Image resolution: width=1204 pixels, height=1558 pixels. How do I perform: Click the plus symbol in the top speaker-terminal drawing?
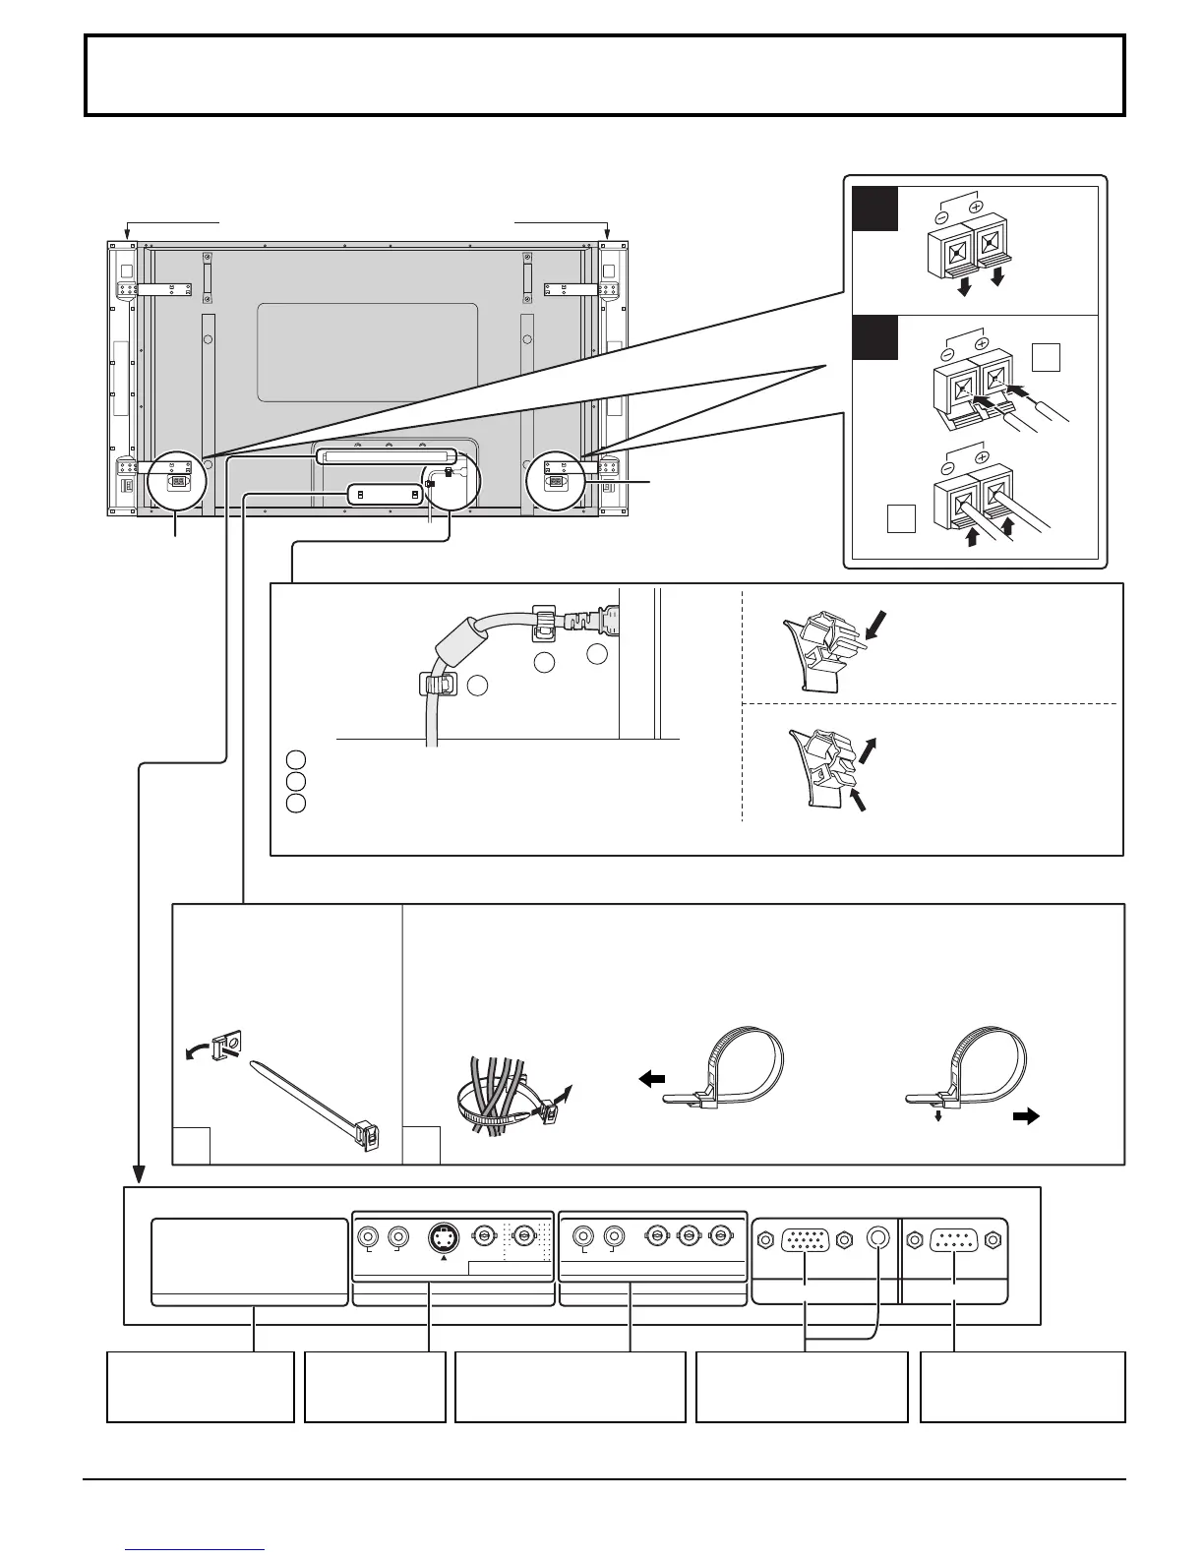(x=977, y=208)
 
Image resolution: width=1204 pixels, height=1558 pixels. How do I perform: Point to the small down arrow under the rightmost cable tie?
(x=937, y=1116)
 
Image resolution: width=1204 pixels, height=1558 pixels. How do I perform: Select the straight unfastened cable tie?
(x=315, y=1104)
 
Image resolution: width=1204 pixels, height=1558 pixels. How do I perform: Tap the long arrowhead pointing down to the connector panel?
(x=139, y=1173)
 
